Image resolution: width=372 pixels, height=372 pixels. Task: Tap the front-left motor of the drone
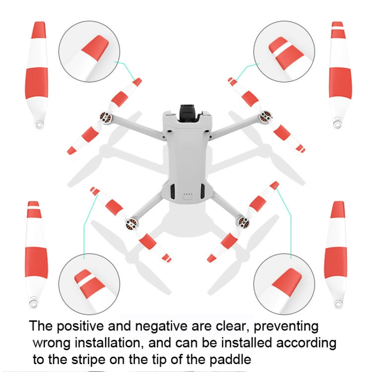[105, 118]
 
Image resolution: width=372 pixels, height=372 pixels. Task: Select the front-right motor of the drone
[265, 117]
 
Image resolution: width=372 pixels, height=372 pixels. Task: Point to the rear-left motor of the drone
[131, 224]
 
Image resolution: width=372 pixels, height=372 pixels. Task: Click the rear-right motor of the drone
[244, 222]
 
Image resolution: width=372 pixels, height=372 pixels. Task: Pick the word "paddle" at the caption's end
[230, 360]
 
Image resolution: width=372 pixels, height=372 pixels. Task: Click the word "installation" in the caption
[110, 343]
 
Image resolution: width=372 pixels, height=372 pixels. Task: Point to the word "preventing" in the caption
[286, 326]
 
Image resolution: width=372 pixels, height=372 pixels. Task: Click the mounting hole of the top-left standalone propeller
[39, 124]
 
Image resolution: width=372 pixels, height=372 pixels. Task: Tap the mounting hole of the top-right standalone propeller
[337, 124]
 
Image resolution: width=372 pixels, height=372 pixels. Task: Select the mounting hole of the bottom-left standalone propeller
[33, 304]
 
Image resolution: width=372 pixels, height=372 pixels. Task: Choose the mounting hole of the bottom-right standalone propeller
[337, 304]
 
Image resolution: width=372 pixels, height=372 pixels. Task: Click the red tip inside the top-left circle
[95, 49]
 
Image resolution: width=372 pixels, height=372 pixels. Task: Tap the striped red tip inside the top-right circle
[286, 53]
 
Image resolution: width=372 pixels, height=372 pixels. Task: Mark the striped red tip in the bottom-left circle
[89, 284]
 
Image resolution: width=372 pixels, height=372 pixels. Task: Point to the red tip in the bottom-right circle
[287, 282]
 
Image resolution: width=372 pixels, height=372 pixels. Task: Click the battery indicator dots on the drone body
[188, 194]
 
